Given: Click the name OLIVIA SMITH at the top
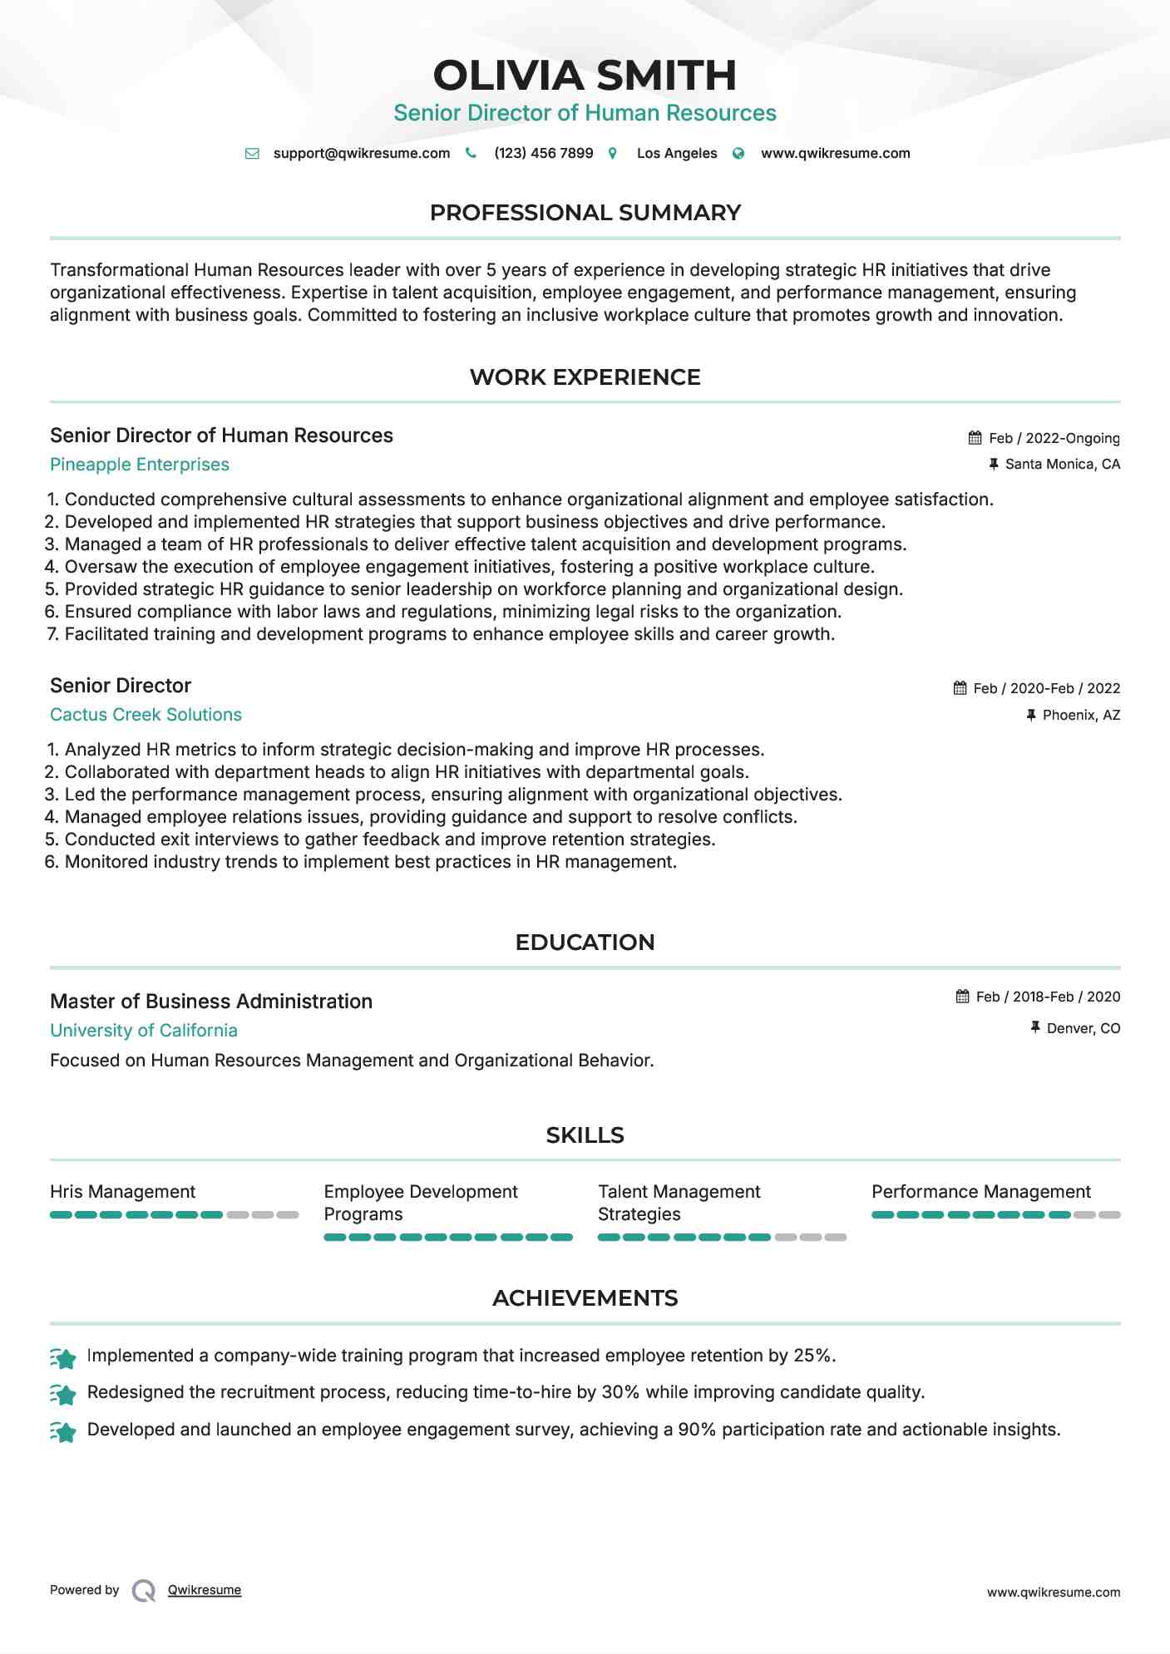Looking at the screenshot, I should pos(585,76).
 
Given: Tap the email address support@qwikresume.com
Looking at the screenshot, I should pos(361,154).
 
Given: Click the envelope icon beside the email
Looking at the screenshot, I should pos(252,154).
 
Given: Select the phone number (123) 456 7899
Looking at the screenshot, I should pos(543,154).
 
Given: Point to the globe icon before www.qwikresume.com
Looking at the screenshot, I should pos(738,154).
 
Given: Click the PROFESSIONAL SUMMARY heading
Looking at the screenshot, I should pos(585,213).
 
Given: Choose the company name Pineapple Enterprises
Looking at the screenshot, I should pos(140,465).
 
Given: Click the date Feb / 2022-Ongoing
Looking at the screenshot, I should pos(1054,438).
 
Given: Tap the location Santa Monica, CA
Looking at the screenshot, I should pos(1062,465).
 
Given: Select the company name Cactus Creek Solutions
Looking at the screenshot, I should pos(146,715).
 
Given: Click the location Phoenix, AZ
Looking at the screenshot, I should pos(1081,715).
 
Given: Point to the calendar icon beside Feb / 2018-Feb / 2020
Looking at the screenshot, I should pos(963,997).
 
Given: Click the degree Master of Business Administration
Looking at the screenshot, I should pos(211,1002).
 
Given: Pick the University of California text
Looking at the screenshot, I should pos(144,1031).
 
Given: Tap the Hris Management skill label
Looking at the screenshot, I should pos(122,1192).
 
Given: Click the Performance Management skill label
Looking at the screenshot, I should pos(980,1192).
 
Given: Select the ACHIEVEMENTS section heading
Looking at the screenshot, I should pos(585,1298).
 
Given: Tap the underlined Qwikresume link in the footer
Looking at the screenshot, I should pos(205,1590).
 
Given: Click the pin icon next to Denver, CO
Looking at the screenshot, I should pos(1035,1028).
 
